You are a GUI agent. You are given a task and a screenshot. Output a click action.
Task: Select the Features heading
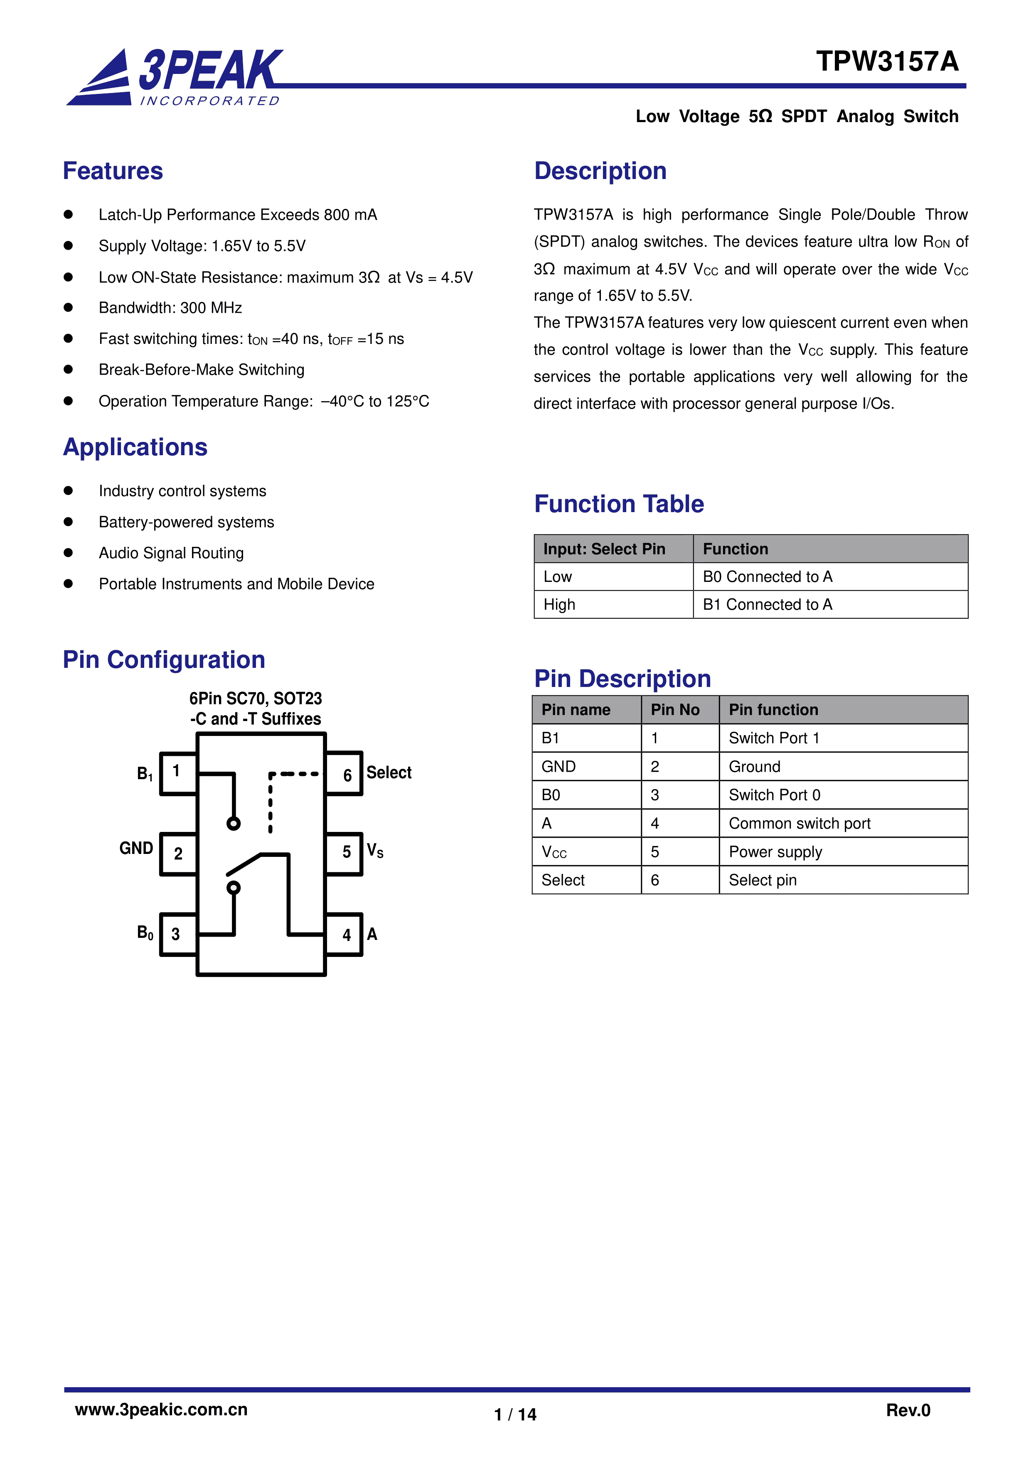(113, 172)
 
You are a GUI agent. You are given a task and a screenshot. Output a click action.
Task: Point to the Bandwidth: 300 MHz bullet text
(170, 308)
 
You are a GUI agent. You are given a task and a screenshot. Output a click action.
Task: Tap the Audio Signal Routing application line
(171, 553)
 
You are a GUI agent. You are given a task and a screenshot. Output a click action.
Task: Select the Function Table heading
(619, 504)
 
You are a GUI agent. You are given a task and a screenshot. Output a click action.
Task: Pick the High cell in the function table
(559, 605)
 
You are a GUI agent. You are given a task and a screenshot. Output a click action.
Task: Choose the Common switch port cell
(799, 824)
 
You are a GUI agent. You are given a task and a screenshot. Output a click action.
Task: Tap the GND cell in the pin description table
(559, 767)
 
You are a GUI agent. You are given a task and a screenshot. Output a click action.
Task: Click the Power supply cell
(775, 851)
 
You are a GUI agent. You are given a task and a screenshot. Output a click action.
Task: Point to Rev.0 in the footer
(908, 1410)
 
